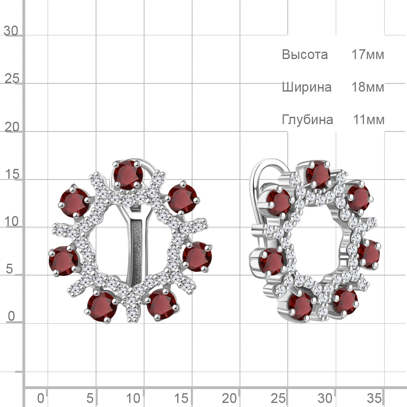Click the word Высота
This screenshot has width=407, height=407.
(x=305, y=55)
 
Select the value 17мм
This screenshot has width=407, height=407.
(x=368, y=55)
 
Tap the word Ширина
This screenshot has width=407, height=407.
(x=306, y=88)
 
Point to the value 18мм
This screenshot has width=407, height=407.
(x=368, y=87)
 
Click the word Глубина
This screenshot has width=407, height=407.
(x=307, y=120)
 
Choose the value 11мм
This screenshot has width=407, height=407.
(x=369, y=120)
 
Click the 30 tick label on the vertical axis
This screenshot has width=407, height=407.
(x=11, y=31)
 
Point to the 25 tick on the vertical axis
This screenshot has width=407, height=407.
(x=12, y=79)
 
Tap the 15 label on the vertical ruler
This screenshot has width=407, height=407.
(x=12, y=174)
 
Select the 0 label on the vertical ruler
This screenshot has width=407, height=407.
(x=11, y=316)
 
